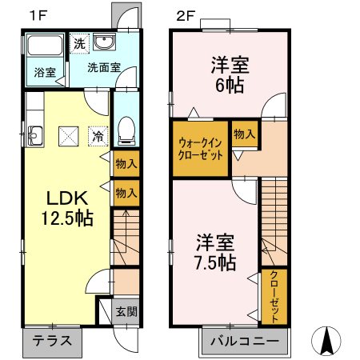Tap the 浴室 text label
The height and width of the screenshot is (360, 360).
click(45, 73)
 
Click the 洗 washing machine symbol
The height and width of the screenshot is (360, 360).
click(79, 43)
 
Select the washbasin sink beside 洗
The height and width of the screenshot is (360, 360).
click(103, 43)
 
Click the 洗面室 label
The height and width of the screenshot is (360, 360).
click(104, 67)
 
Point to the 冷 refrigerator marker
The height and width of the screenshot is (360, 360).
click(96, 136)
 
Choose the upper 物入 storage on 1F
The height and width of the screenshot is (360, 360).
click(126, 164)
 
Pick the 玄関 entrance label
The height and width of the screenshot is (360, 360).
click(126, 311)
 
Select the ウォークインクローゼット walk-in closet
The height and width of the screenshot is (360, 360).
click(200, 148)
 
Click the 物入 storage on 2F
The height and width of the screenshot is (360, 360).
click(244, 135)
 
